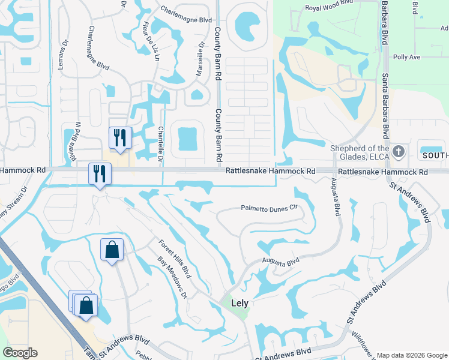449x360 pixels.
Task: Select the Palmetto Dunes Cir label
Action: click(270, 208)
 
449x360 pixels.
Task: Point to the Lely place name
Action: click(240, 303)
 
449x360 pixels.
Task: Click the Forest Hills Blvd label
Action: click(174, 259)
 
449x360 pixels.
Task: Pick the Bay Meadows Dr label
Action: click(173, 278)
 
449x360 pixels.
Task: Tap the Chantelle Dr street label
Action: click(160, 143)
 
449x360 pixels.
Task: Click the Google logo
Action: click(20, 353)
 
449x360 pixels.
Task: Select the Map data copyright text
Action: click(411, 355)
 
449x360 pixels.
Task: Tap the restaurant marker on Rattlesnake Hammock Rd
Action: click(100, 173)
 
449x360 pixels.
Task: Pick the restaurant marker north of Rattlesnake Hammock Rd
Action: click(119, 137)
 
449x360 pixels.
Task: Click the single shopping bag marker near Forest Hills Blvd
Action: click(112, 249)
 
